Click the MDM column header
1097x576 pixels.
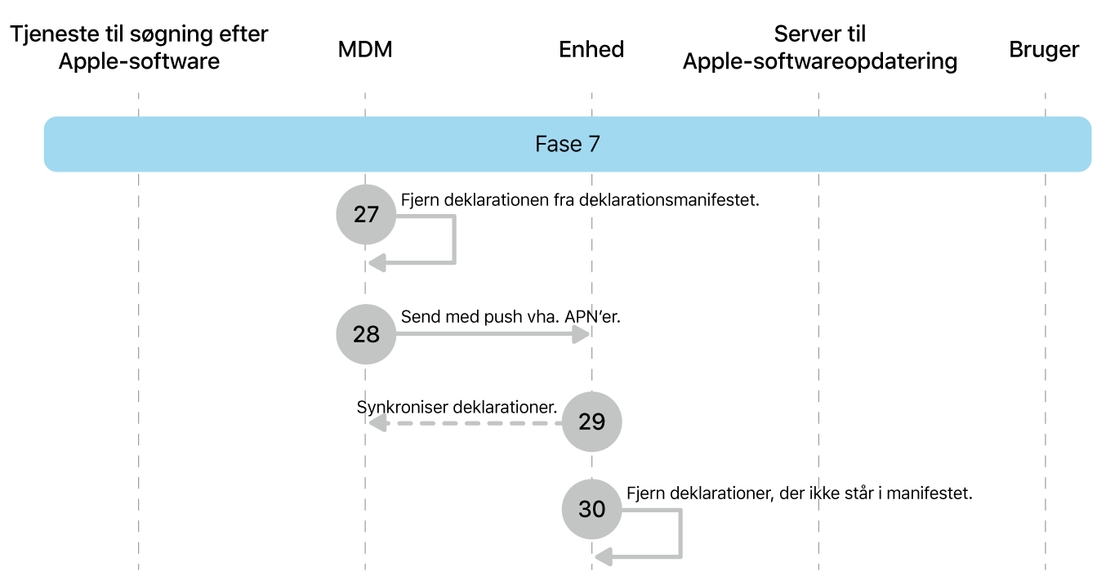[365, 50]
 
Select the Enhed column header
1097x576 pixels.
[591, 50]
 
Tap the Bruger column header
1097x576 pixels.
[1044, 50]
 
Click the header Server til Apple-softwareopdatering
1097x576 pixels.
[819, 48]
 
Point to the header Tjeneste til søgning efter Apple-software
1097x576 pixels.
[139, 48]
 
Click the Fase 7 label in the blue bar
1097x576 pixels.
[568, 145]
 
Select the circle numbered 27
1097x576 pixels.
[366, 215]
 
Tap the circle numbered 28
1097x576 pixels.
[366, 334]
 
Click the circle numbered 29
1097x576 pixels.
[591, 422]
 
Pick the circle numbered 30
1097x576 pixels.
[591, 510]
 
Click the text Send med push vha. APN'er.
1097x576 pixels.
[511, 316]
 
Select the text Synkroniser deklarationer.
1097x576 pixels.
[457, 406]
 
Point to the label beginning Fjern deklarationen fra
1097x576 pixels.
[580, 199]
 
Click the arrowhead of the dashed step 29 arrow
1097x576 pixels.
[376, 422]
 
